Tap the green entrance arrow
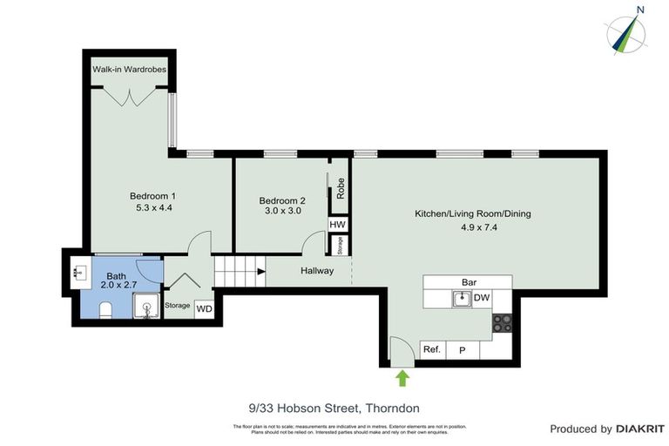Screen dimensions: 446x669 [x=402, y=377]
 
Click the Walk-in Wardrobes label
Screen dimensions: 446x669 [x=130, y=70]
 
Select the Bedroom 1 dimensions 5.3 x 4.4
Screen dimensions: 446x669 [x=152, y=208]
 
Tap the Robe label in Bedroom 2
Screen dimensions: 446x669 [x=341, y=189]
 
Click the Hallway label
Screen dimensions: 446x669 [x=317, y=271]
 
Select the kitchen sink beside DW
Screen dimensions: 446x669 [x=462, y=299]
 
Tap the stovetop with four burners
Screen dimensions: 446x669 [x=502, y=323]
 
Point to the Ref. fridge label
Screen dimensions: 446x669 [x=431, y=350]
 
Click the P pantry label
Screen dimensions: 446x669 [x=462, y=350]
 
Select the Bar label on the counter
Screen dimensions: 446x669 [x=469, y=282]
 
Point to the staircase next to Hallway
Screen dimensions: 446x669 [x=238, y=272]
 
